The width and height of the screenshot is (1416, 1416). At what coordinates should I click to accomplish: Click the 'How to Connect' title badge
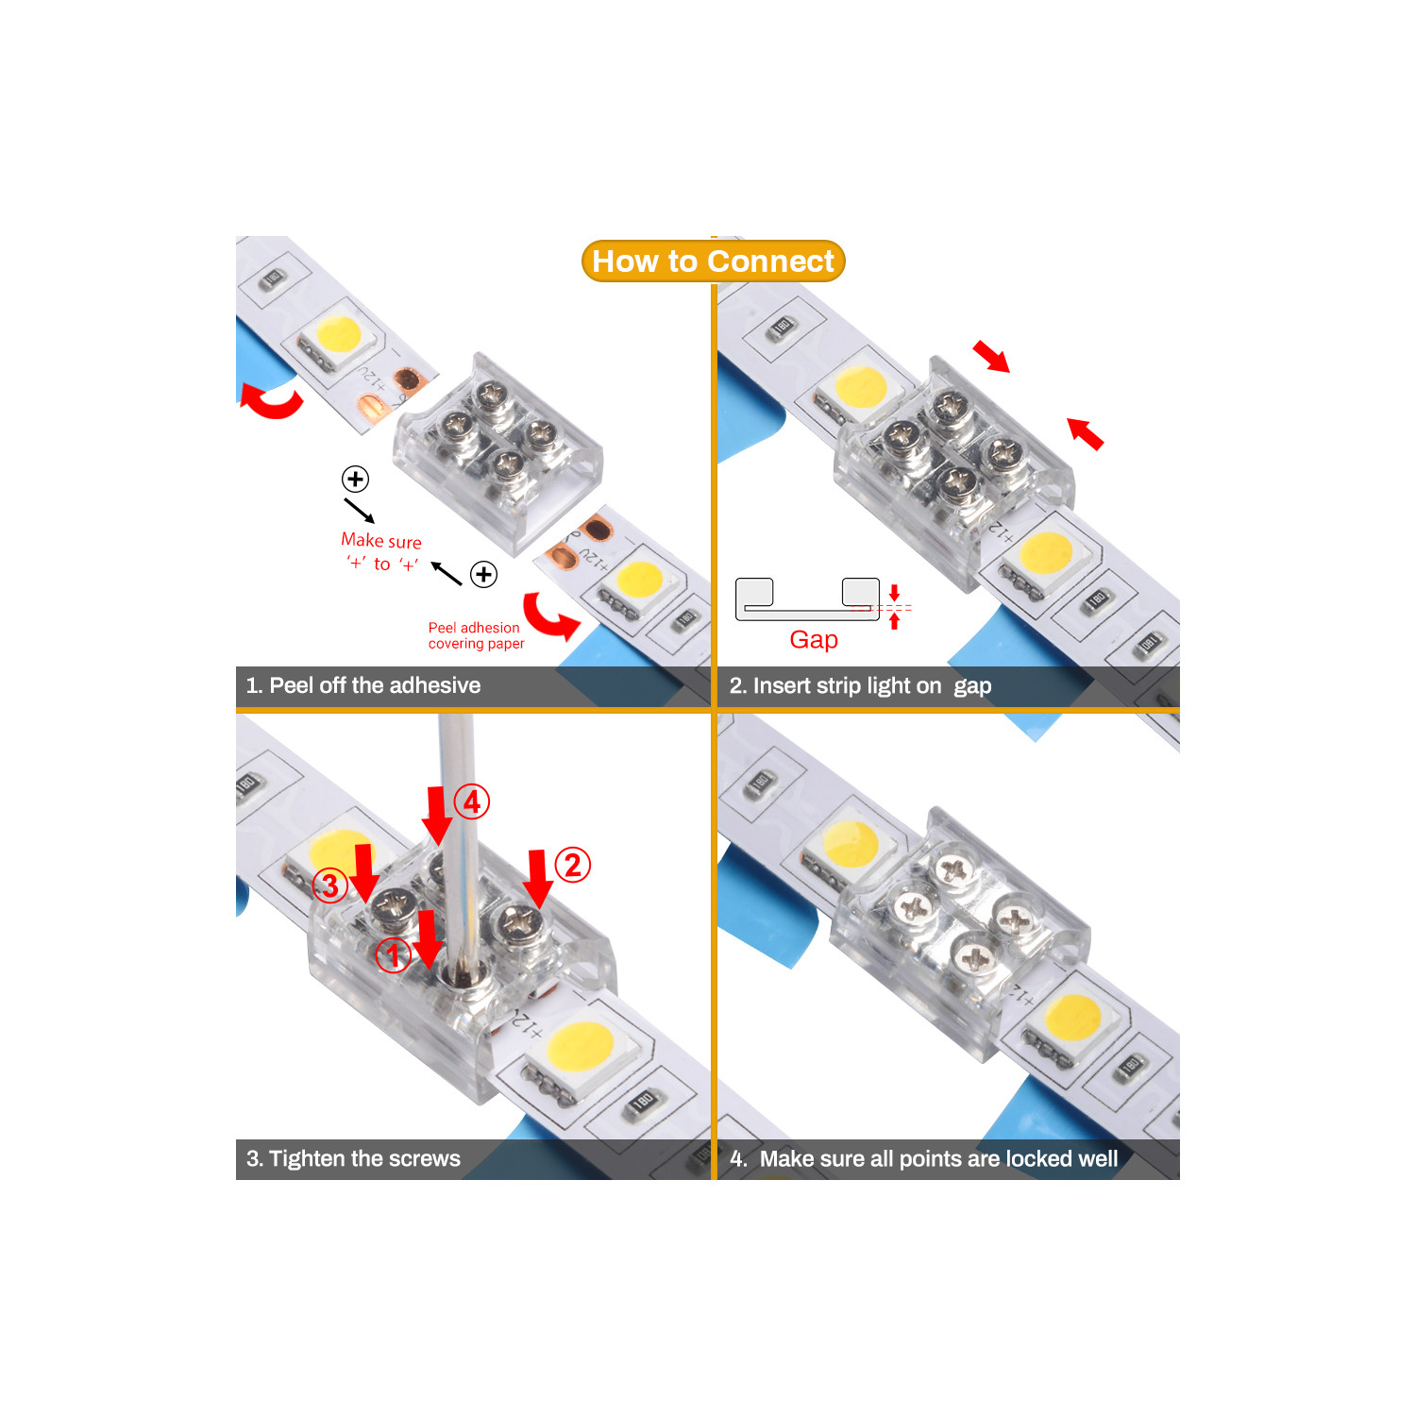click(713, 261)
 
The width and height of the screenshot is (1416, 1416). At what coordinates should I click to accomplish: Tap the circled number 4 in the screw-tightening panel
click(472, 802)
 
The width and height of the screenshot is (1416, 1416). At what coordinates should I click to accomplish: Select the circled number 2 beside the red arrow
click(572, 865)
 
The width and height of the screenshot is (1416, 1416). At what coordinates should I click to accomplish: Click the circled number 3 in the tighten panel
click(329, 885)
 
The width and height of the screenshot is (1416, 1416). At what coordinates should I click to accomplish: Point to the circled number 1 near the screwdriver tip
click(393, 955)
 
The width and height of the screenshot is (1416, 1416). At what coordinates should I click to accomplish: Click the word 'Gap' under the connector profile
click(813, 640)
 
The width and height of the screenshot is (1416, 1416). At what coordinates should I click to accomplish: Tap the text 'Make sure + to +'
click(381, 552)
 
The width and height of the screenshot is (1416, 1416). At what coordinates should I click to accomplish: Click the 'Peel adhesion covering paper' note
click(476, 635)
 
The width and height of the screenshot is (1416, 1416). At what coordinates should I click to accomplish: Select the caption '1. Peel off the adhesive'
click(363, 685)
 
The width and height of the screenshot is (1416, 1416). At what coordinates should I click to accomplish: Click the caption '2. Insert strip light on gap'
click(859, 686)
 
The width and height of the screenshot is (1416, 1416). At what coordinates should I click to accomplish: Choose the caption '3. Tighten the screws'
click(354, 1158)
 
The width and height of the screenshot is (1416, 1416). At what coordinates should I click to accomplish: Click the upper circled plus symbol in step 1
click(355, 479)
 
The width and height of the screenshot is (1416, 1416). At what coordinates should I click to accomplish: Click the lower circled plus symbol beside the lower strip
click(484, 574)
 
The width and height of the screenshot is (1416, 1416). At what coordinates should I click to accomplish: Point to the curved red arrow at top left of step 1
click(271, 401)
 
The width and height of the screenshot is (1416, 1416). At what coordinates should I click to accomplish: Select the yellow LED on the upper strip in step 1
click(338, 334)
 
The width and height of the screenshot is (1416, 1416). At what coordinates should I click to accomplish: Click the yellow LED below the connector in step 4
click(1072, 1017)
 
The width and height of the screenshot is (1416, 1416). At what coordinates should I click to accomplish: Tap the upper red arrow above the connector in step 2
click(991, 356)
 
